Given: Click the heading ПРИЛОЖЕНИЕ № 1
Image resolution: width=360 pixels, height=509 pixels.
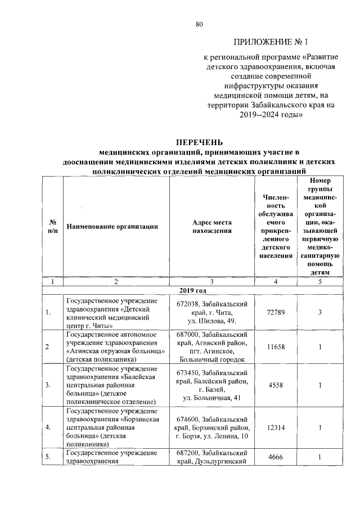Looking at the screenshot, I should click(x=271, y=42).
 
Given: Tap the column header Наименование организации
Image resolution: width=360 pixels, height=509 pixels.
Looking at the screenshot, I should click(x=112, y=227).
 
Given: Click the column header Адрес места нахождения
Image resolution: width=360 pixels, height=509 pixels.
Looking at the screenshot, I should click(x=211, y=227).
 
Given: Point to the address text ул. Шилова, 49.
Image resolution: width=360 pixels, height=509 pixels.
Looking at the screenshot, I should click(x=211, y=320).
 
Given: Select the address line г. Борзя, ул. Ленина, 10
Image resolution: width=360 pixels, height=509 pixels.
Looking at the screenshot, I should click(x=211, y=436).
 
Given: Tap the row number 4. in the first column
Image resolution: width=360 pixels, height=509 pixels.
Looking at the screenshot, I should click(x=49, y=427).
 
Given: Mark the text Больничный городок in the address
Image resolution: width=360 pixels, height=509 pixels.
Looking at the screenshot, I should click(x=211, y=358).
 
